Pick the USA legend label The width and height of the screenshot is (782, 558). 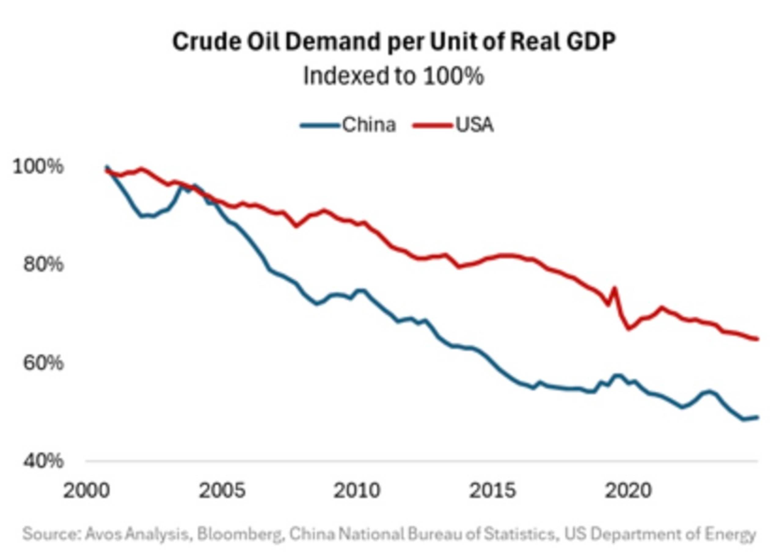(474, 125)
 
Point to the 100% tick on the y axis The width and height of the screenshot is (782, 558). (38, 167)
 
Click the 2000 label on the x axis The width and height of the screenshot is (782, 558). (86, 491)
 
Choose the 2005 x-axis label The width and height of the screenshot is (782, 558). (222, 491)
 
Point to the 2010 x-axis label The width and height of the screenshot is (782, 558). (357, 491)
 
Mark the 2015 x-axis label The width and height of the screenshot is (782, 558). (492, 491)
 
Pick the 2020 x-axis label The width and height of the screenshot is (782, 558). (628, 491)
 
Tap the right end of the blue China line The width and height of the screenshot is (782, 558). (757, 417)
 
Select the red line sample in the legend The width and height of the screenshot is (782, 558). (432, 125)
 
